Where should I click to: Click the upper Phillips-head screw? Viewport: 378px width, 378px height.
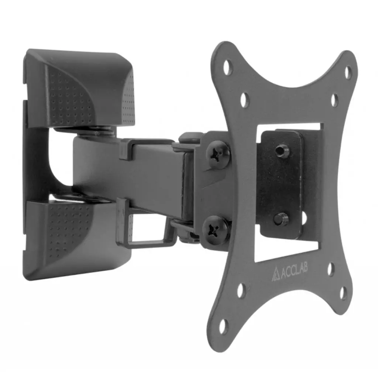coord(219,155)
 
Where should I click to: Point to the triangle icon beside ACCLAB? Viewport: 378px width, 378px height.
coord(276,276)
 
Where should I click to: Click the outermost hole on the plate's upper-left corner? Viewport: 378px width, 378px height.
coord(227,67)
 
